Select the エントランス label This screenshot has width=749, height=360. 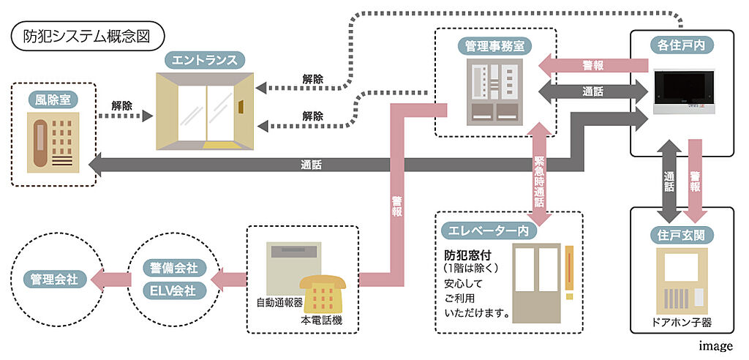[205, 59]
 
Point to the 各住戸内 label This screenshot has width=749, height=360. [682, 46]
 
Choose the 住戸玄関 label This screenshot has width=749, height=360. [682, 235]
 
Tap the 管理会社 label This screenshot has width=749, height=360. [55, 279]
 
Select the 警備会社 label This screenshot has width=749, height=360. [174, 267]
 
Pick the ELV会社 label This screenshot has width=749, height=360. [174, 290]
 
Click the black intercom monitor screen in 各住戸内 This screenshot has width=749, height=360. [682, 88]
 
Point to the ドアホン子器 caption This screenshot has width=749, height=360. [682, 321]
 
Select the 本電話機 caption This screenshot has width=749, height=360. [321, 320]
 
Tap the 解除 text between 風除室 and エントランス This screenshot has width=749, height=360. [121, 105]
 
